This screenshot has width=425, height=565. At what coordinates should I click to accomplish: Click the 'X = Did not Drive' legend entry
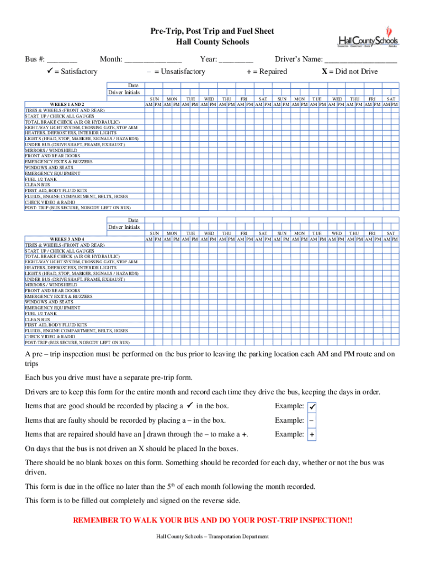tap(349, 72)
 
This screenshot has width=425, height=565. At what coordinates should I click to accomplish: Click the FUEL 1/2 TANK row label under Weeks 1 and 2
tap(40, 179)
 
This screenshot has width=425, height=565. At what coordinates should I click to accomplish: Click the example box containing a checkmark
tap(312, 407)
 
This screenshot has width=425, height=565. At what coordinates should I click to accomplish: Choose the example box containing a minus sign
tap(312, 420)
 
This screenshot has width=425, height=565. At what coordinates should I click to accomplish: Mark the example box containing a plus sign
tap(312, 435)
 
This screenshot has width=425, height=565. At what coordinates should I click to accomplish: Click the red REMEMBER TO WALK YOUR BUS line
tap(212, 520)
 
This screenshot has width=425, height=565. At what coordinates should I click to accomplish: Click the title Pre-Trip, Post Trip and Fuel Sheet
tap(212, 31)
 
